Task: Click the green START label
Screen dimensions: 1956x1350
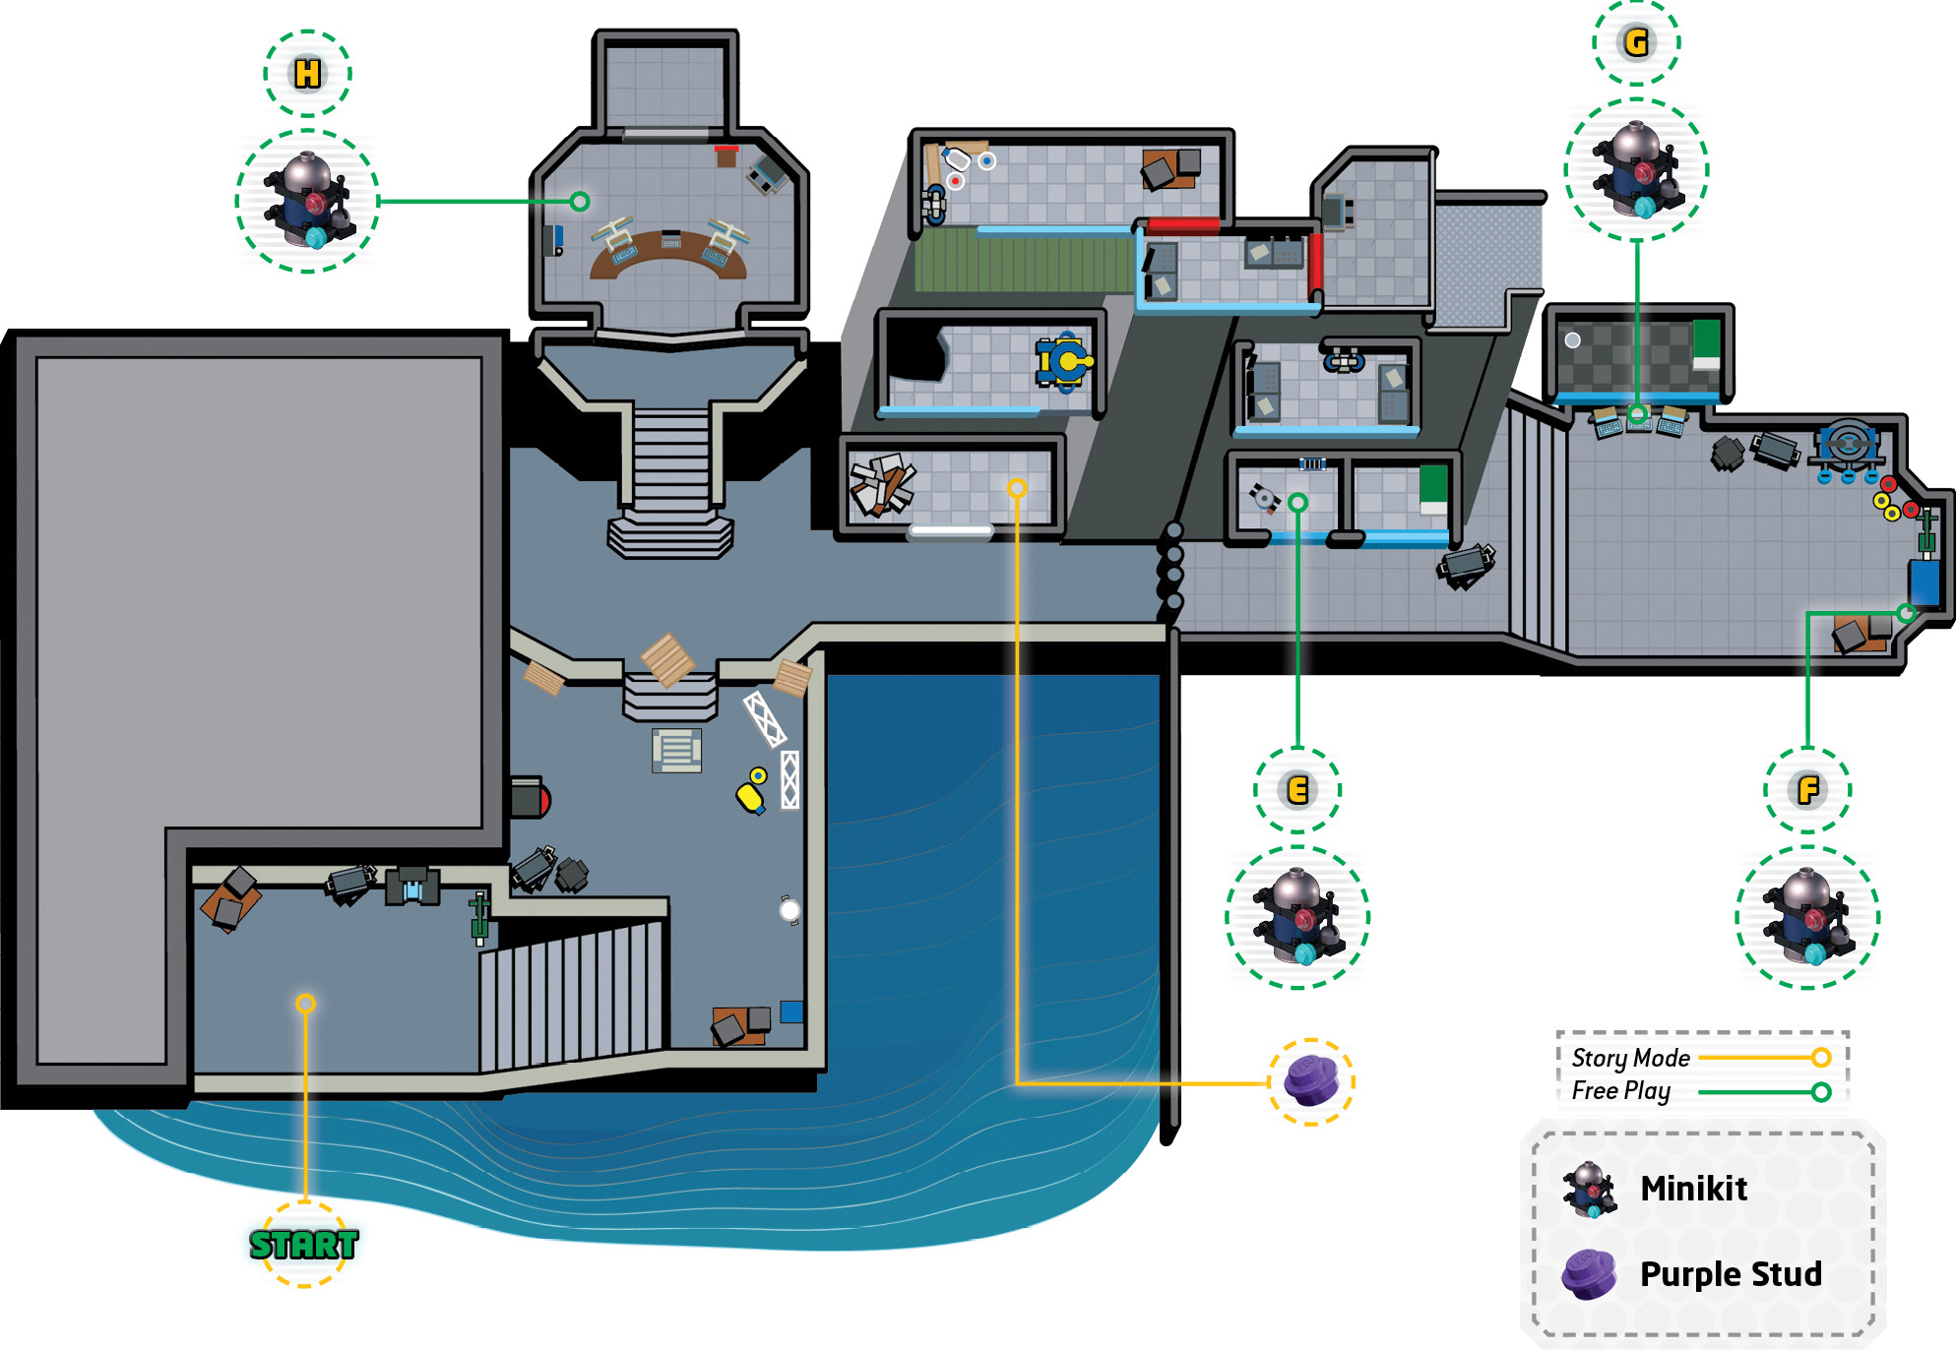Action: [x=303, y=1245]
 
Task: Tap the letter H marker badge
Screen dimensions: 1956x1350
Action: [x=307, y=74]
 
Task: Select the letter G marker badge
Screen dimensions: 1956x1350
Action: [x=1636, y=42]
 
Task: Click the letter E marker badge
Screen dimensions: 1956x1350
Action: [x=1297, y=790]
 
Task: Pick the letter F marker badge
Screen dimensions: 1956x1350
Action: [x=1807, y=790]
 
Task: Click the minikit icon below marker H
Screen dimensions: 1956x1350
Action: [x=307, y=201]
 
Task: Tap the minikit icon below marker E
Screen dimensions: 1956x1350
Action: [x=1297, y=917]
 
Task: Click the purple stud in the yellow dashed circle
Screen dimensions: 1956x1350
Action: [x=1310, y=1080]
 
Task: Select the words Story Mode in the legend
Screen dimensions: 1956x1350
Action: [x=1630, y=1058]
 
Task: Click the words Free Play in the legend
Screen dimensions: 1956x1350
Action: [x=1620, y=1091]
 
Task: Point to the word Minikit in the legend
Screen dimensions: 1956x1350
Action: [x=1693, y=1189]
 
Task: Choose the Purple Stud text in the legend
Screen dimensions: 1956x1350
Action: [x=1731, y=1274]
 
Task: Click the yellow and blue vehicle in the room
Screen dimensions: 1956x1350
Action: [x=1062, y=361]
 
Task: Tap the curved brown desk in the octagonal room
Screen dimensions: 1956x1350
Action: [x=667, y=252]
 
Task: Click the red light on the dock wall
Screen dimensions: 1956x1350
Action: [x=543, y=800]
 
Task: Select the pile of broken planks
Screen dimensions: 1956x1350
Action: [x=882, y=484]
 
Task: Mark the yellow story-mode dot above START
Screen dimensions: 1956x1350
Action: [x=305, y=1004]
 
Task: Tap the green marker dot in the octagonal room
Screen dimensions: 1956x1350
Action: [x=580, y=202]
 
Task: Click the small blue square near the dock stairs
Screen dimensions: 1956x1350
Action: [x=791, y=1012]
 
